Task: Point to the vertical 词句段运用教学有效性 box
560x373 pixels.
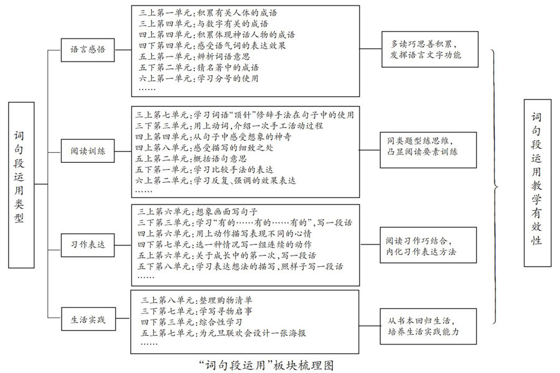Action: tap(537, 183)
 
